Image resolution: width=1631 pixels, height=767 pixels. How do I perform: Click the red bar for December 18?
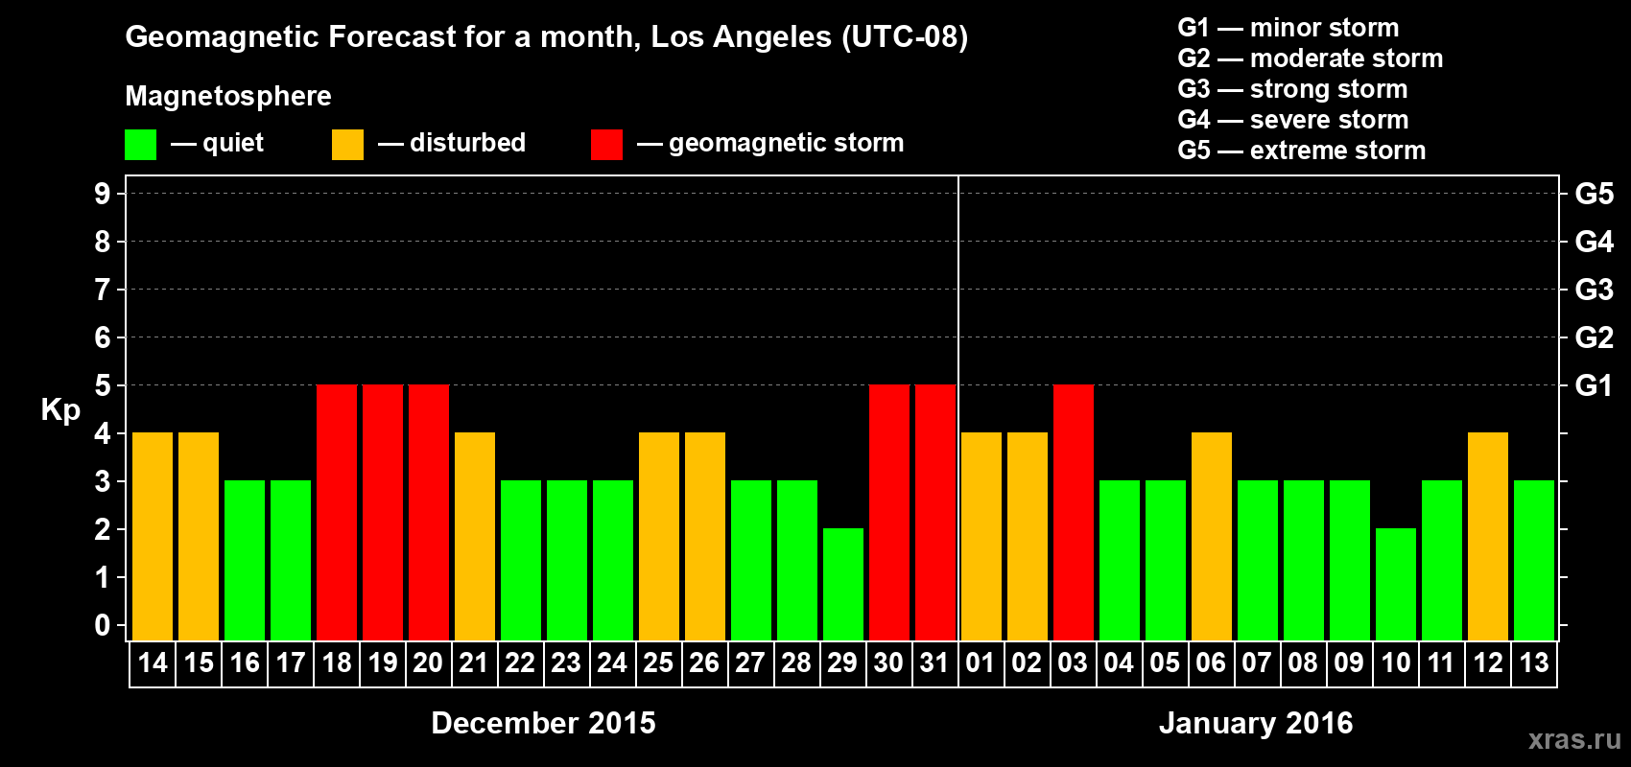coord(337,512)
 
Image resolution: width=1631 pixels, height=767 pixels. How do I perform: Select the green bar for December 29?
coord(843,584)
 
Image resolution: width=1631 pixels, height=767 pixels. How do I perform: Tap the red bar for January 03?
coord(1074,512)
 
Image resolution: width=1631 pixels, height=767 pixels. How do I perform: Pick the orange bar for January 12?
coord(1488,536)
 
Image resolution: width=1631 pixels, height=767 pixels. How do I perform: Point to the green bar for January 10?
coord(1396,584)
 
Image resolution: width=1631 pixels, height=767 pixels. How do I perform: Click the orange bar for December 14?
coord(153,536)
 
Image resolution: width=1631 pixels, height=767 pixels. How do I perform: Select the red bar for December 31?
coord(935,512)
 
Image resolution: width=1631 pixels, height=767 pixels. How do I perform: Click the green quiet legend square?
coord(141,145)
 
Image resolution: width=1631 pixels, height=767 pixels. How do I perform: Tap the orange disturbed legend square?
coord(347,145)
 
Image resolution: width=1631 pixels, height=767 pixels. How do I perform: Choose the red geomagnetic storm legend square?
coord(606,145)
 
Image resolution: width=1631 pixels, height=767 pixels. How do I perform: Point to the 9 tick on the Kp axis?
coord(103,194)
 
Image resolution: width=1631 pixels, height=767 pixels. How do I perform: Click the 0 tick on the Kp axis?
coord(103,626)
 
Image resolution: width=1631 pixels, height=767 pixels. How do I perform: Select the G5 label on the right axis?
coord(1594,194)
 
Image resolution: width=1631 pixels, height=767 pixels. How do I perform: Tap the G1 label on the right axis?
coord(1594,385)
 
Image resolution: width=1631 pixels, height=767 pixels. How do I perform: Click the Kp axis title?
coord(60,410)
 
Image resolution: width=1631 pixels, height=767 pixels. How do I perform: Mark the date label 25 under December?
coord(658,662)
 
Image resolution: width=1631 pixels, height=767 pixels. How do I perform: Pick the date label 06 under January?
coord(1211,662)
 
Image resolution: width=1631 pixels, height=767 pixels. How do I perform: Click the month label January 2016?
coord(1256,723)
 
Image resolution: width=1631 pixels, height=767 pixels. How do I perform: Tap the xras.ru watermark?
coord(1574,739)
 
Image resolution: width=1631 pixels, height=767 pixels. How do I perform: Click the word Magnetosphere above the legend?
coord(228,96)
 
